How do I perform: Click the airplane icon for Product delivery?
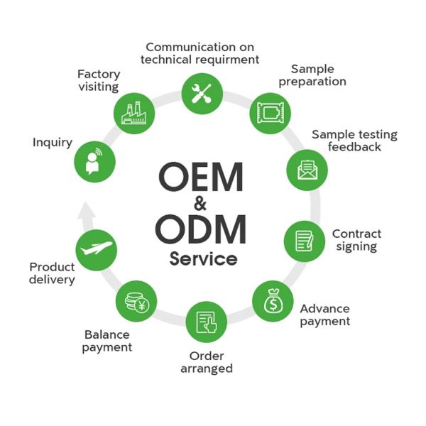97,249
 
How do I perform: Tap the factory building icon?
133,113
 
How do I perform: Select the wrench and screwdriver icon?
202,94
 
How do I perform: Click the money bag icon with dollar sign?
273,302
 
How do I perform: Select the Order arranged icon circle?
206,322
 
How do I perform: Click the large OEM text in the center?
201,177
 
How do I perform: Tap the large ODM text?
201,229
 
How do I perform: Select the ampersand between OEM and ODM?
200,204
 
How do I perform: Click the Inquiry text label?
53,143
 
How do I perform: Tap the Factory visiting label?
99,80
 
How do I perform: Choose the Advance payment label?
324,315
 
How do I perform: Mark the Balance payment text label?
107,341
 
